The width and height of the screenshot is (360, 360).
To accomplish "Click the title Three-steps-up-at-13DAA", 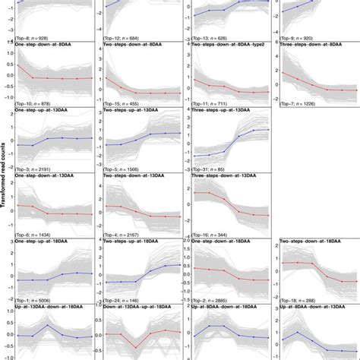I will (223, 111).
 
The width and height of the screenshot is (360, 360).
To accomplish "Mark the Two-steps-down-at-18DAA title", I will (308, 242).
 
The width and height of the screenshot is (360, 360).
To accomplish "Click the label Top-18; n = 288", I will (305, 300).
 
